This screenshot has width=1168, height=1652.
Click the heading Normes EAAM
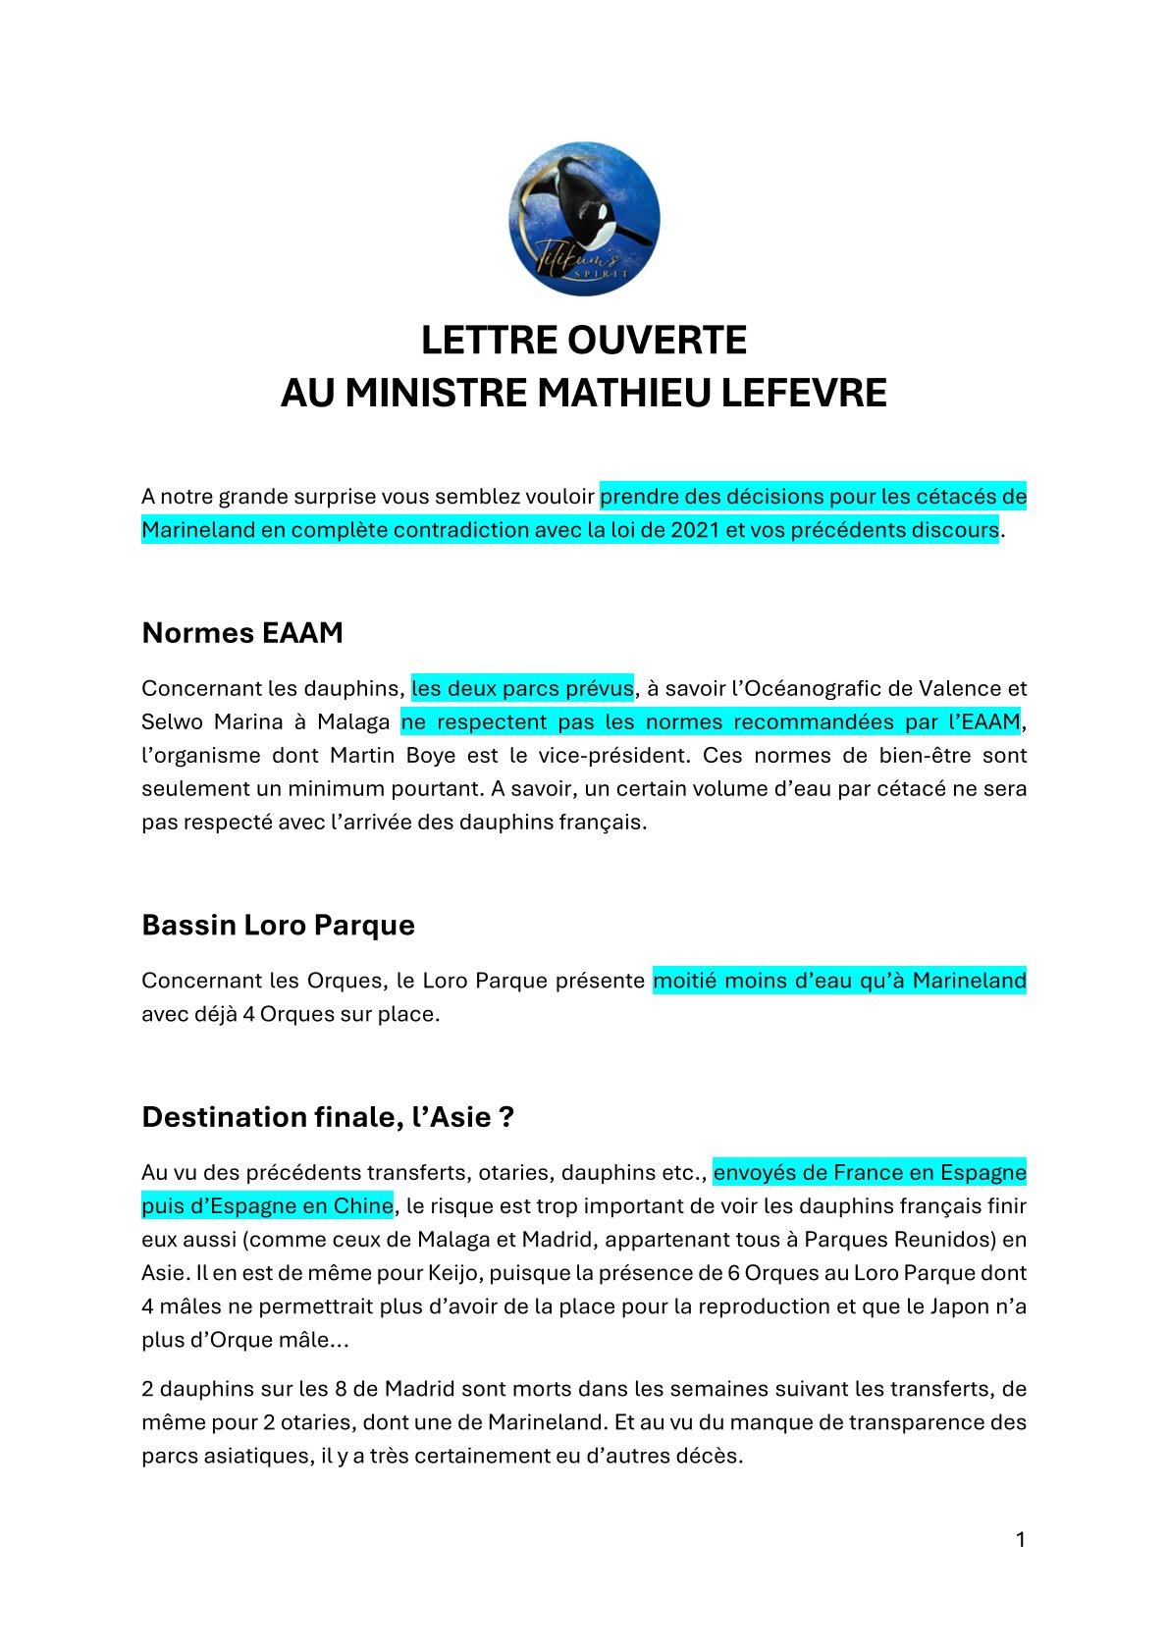click(x=242, y=633)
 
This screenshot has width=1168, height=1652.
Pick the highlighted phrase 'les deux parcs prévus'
click(x=522, y=688)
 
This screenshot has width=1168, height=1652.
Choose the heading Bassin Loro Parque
click(x=278, y=925)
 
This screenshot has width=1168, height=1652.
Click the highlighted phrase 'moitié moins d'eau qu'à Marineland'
click(x=839, y=981)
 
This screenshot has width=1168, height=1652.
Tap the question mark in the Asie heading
click(x=506, y=1117)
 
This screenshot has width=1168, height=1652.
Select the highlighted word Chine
click(x=363, y=1205)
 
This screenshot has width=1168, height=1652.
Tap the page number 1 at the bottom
click(x=1020, y=1539)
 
